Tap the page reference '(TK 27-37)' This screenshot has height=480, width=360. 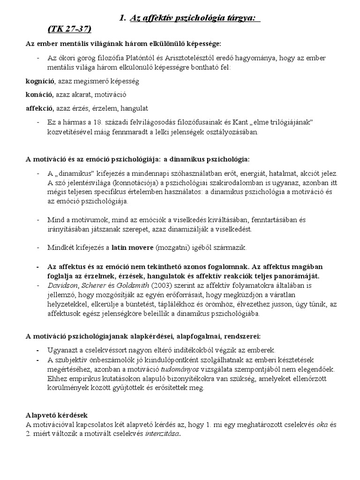point(69,29)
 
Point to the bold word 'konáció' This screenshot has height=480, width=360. point(39,94)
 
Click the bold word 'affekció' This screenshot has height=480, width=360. point(40,108)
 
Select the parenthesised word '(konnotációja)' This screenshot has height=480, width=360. point(131,182)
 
